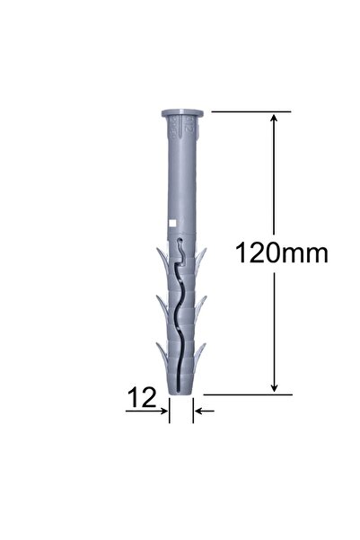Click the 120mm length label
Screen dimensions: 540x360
[x=281, y=252]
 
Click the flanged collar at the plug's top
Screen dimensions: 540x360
[x=182, y=115]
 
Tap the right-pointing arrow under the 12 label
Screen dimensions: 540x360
[x=162, y=412]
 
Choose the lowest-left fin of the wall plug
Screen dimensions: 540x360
[x=160, y=353]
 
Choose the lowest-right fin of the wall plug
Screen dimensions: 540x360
[x=204, y=353]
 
